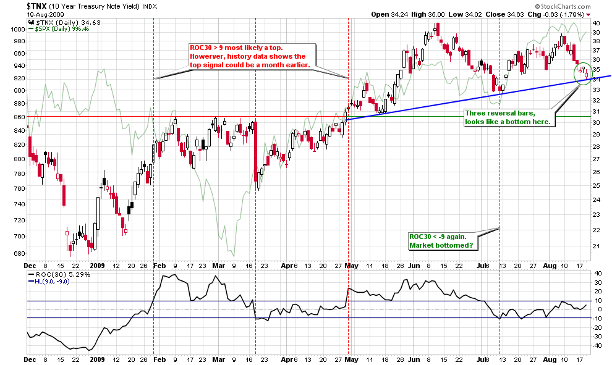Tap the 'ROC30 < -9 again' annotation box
pos(440,241)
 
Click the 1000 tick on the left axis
pos(17,29)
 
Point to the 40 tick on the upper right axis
pos(597,23)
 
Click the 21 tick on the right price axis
pos(597,246)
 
